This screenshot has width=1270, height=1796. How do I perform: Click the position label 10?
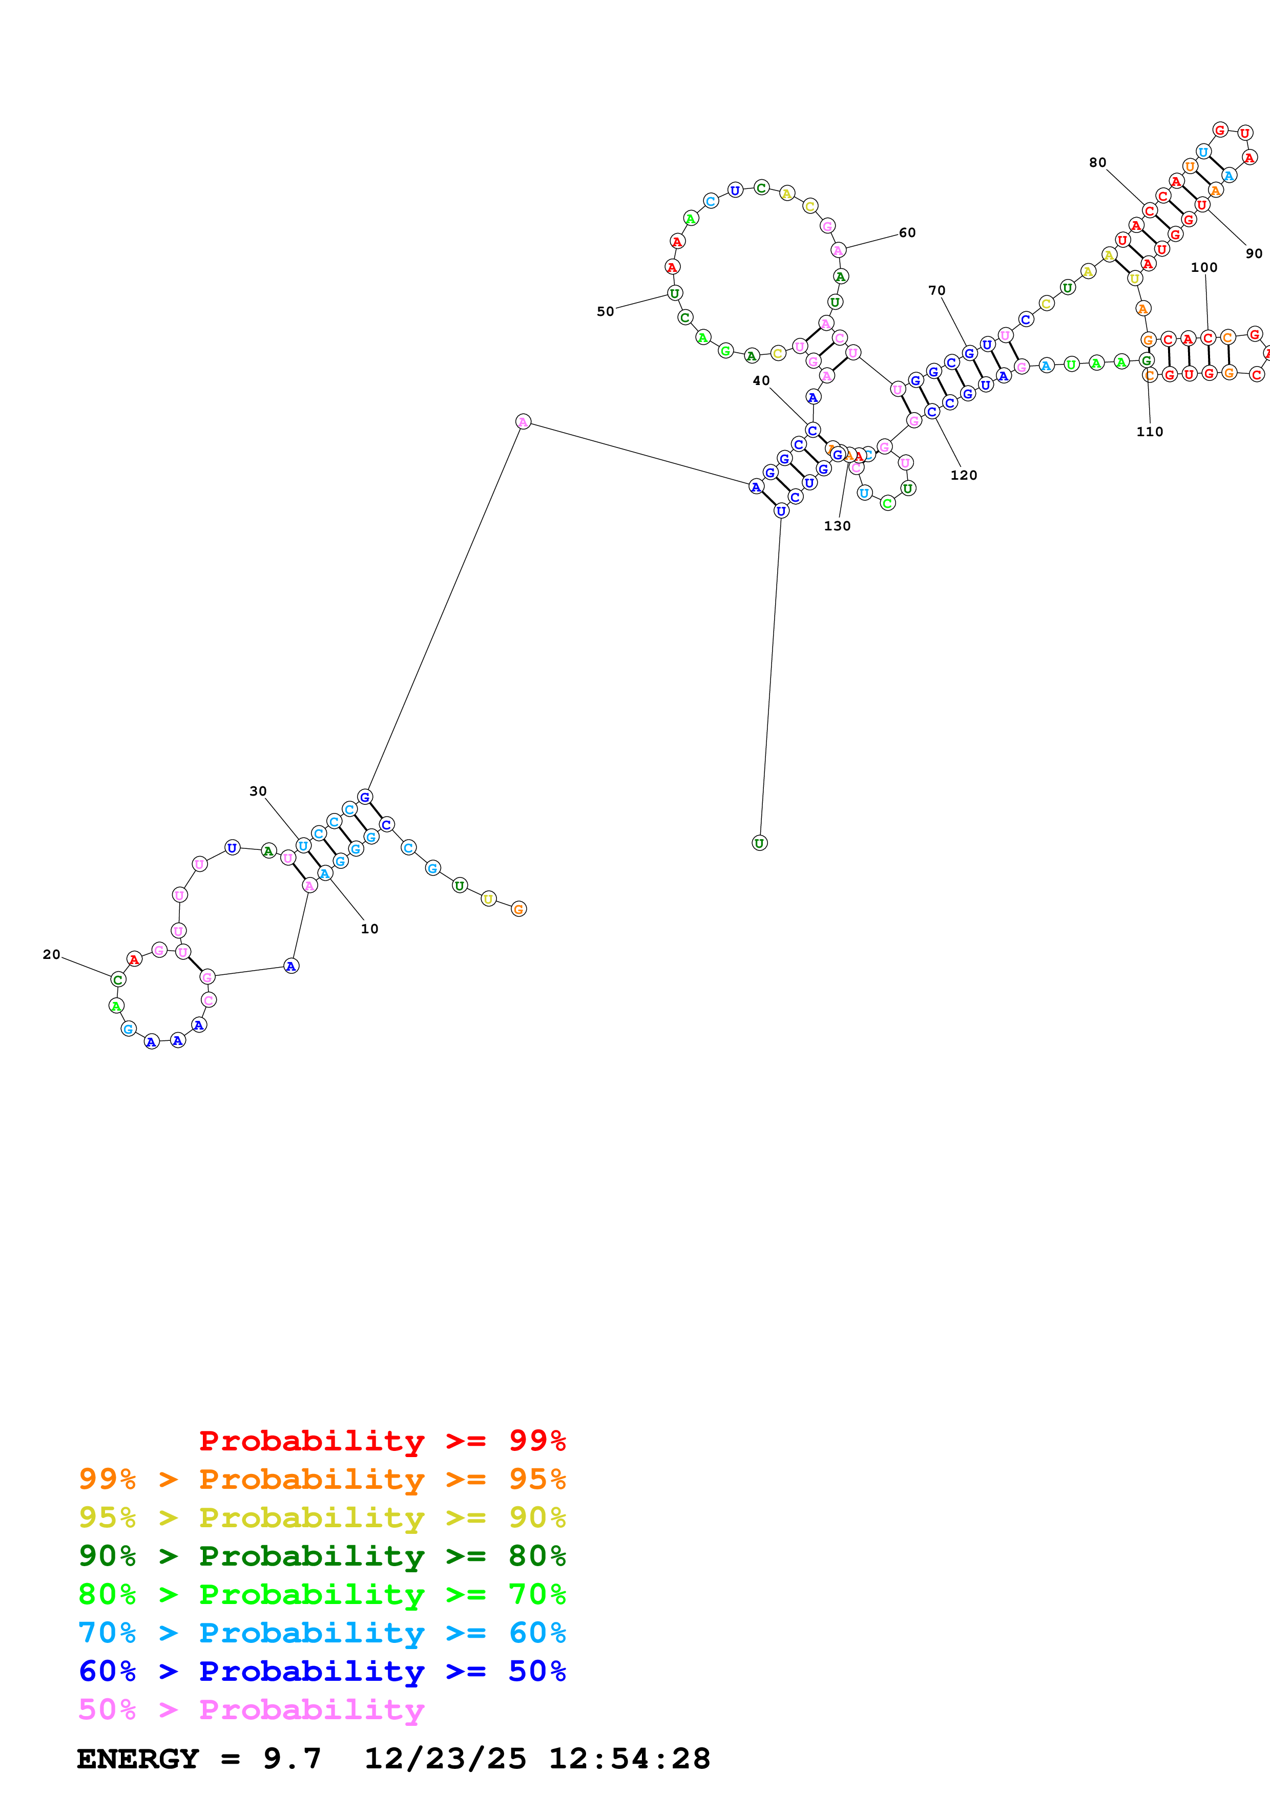coord(369,929)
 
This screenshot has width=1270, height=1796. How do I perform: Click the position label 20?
coord(52,954)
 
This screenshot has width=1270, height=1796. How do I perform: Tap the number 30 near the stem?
coord(258,791)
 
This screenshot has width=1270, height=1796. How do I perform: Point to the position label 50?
coord(606,311)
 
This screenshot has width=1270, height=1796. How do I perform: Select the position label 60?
coord(907,232)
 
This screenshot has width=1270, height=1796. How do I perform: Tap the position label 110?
coord(1150,432)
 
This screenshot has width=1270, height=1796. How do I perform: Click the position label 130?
coord(837,526)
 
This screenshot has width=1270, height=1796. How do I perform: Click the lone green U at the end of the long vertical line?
coord(759,843)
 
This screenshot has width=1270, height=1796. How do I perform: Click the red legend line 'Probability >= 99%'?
coord(382,1441)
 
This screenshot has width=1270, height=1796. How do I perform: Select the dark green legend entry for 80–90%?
coord(322,1556)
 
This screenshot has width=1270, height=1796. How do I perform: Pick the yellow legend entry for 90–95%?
coord(322,1517)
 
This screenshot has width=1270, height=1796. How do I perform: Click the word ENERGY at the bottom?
coord(138,1759)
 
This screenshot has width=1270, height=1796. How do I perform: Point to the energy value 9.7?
coord(292,1759)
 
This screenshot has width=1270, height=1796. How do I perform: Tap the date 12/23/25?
coord(445,1759)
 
